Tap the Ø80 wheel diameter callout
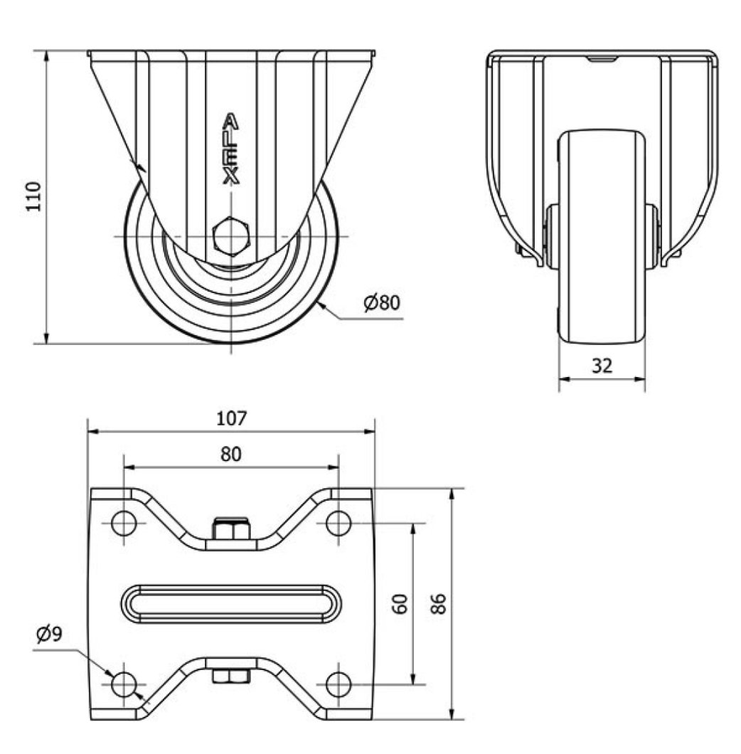[382, 303]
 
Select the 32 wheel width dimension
[602, 366]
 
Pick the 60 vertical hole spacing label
[400, 605]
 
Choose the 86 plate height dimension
[439, 605]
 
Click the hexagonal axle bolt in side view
[231, 235]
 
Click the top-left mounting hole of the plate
[124, 524]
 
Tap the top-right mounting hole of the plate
[338, 524]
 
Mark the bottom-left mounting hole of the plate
[124, 684]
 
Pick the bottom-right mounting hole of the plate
[338, 684]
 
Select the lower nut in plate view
[231, 676]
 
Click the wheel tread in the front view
[602, 235]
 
